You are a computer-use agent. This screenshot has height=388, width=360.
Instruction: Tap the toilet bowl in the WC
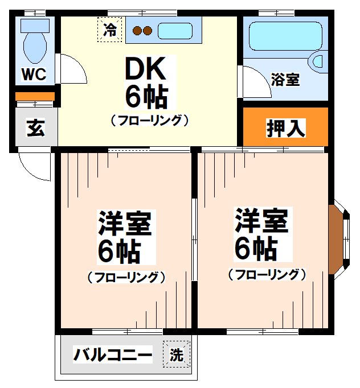pos(36,45)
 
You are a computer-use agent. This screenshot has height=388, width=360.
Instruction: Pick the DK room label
pos(146,71)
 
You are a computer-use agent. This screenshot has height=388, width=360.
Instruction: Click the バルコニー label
pos(113,356)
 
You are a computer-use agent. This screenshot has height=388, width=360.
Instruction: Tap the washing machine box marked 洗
pos(177,356)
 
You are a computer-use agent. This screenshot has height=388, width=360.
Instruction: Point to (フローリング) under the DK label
pos(149,121)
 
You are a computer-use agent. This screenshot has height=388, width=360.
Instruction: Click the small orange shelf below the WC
pos(34,96)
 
